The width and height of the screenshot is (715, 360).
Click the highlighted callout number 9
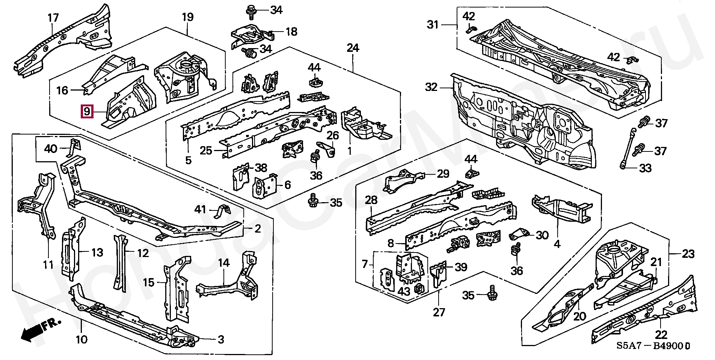(x=87, y=112)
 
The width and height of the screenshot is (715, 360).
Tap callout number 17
(x=53, y=18)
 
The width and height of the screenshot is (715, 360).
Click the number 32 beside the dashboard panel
(x=431, y=87)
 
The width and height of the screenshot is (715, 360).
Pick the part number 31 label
(x=433, y=25)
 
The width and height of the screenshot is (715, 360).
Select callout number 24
(x=353, y=48)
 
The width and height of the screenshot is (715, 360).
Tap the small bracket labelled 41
(x=222, y=211)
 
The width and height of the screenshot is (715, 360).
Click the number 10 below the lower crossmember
(x=81, y=340)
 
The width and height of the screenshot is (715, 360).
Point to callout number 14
(x=224, y=263)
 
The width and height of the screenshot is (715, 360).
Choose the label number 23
(x=688, y=254)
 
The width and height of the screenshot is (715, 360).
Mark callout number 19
(x=187, y=17)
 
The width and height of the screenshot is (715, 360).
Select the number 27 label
(x=439, y=312)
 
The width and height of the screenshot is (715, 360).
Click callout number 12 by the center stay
(x=143, y=253)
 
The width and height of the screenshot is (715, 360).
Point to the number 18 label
(x=291, y=32)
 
